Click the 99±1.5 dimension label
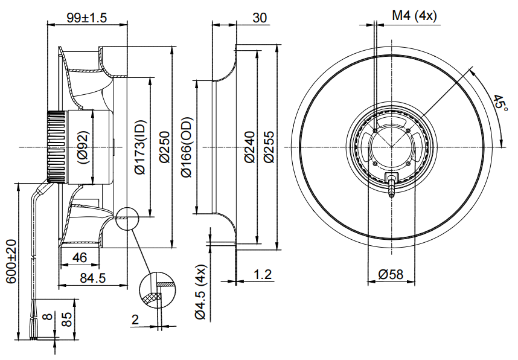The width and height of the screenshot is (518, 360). (86, 18)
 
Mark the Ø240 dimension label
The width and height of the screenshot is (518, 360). (250, 148)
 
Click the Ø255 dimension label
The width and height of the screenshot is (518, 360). (269, 148)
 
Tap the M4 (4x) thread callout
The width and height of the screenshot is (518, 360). (414, 16)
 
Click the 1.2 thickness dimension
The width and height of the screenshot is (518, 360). (263, 274)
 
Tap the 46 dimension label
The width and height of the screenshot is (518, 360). (79, 258)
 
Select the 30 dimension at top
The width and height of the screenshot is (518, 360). (259, 18)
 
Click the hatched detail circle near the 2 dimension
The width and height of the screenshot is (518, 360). (159, 289)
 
